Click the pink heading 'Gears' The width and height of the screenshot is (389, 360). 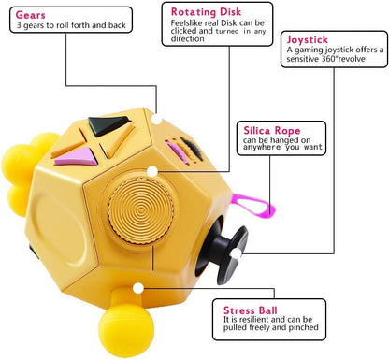point(30,15)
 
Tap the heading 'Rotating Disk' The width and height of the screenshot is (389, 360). point(206,12)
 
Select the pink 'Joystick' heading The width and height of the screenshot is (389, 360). point(308,39)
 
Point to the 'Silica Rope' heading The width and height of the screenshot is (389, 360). point(272,130)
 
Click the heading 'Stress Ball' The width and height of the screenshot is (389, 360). point(251,310)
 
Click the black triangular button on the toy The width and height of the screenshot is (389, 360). point(108,125)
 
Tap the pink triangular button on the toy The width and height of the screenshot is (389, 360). point(77,156)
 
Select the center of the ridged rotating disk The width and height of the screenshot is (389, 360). point(141,209)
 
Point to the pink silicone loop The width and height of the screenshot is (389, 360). point(253,205)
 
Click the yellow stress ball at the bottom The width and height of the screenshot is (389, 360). point(126,331)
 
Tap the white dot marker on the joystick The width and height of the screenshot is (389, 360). point(237,254)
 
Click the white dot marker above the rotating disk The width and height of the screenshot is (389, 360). point(152,171)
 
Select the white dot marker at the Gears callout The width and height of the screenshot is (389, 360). point(157,119)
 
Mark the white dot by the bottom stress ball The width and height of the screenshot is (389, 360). point(138,288)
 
